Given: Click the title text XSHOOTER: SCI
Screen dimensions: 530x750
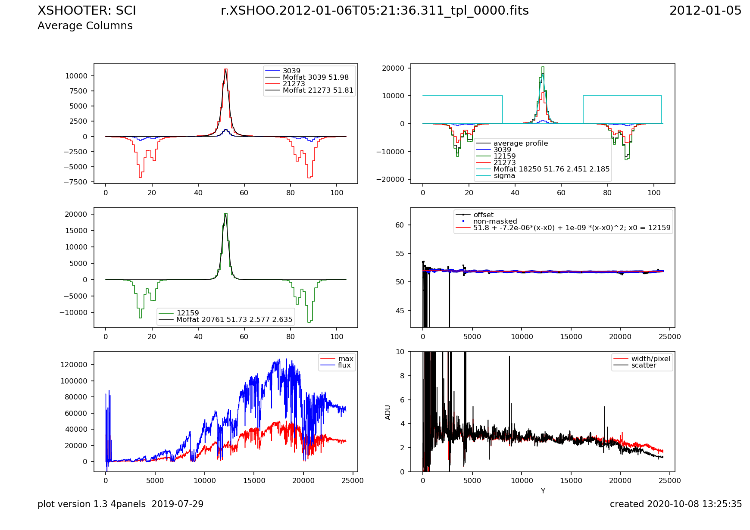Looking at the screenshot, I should click(87, 11).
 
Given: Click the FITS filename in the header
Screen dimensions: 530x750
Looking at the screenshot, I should click(375, 11).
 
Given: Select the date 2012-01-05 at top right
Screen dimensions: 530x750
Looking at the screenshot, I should click(705, 11).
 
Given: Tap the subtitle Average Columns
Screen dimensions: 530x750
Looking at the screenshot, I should click(85, 26).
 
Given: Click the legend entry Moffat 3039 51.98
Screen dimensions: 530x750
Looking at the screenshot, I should click(316, 78).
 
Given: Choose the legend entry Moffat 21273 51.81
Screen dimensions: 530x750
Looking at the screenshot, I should click(318, 90).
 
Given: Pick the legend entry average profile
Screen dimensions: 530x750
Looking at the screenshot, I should click(520, 143).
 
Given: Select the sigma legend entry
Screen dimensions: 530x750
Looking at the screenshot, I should click(504, 176).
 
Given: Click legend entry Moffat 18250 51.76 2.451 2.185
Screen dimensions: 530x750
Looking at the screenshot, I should click(551, 169).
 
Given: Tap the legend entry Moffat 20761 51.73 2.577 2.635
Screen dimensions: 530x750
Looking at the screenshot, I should click(234, 320).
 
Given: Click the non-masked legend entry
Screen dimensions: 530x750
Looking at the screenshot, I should click(495, 221).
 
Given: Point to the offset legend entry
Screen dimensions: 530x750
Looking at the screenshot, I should click(483, 215).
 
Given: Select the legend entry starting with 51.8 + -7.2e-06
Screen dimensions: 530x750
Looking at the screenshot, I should click(572, 228).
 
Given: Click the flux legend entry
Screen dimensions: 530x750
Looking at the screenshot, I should click(344, 365).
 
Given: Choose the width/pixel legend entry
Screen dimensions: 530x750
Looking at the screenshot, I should click(650, 359).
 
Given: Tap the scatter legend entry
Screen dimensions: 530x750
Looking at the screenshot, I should click(644, 365).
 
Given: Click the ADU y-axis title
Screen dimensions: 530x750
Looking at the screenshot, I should click(388, 412).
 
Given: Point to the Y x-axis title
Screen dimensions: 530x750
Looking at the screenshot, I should click(543, 491).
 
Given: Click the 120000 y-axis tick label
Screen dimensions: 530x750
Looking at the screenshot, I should click(74, 365).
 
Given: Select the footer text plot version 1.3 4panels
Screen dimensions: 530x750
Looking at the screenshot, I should click(120, 504).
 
